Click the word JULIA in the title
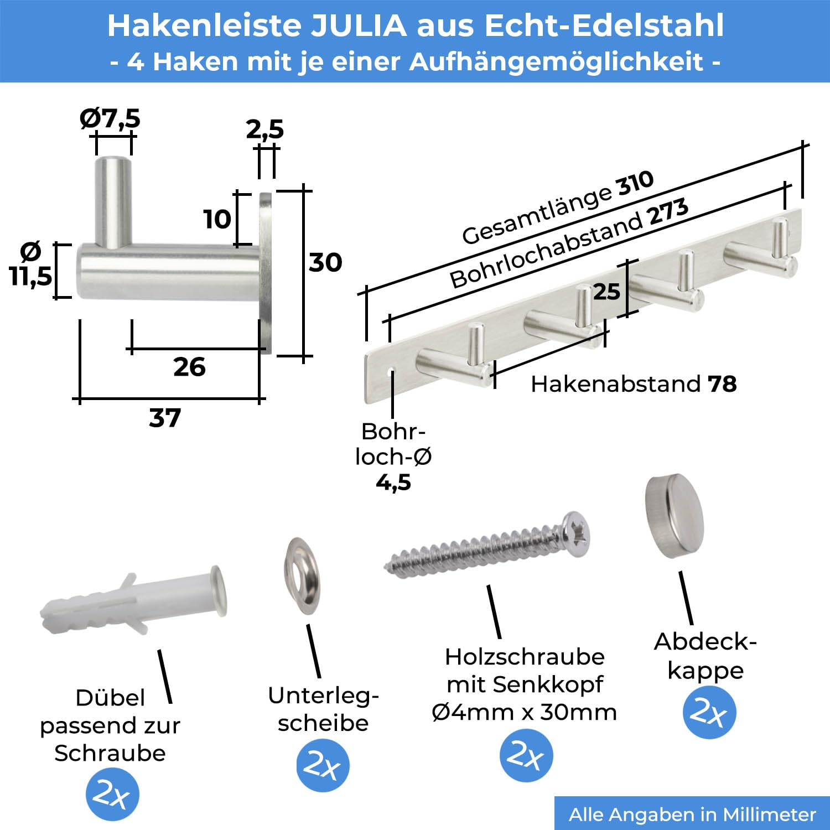(x=359, y=26)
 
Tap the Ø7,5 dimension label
(x=110, y=118)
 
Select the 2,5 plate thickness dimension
(x=264, y=129)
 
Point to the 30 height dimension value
(x=325, y=262)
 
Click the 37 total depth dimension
(x=165, y=418)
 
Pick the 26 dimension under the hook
(x=189, y=367)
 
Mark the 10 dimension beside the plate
(x=217, y=220)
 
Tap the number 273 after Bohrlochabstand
(x=669, y=212)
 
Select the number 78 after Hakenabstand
(x=722, y=384)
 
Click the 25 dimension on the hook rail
(x=606, y=292)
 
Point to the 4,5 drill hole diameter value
(x=393, y=483)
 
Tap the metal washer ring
(x=302, y=575)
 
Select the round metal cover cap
(x=674, y=515)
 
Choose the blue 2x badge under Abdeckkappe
(x=709, y=712)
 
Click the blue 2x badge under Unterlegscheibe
(x=323, y=765)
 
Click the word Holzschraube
(x=525, y=657)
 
